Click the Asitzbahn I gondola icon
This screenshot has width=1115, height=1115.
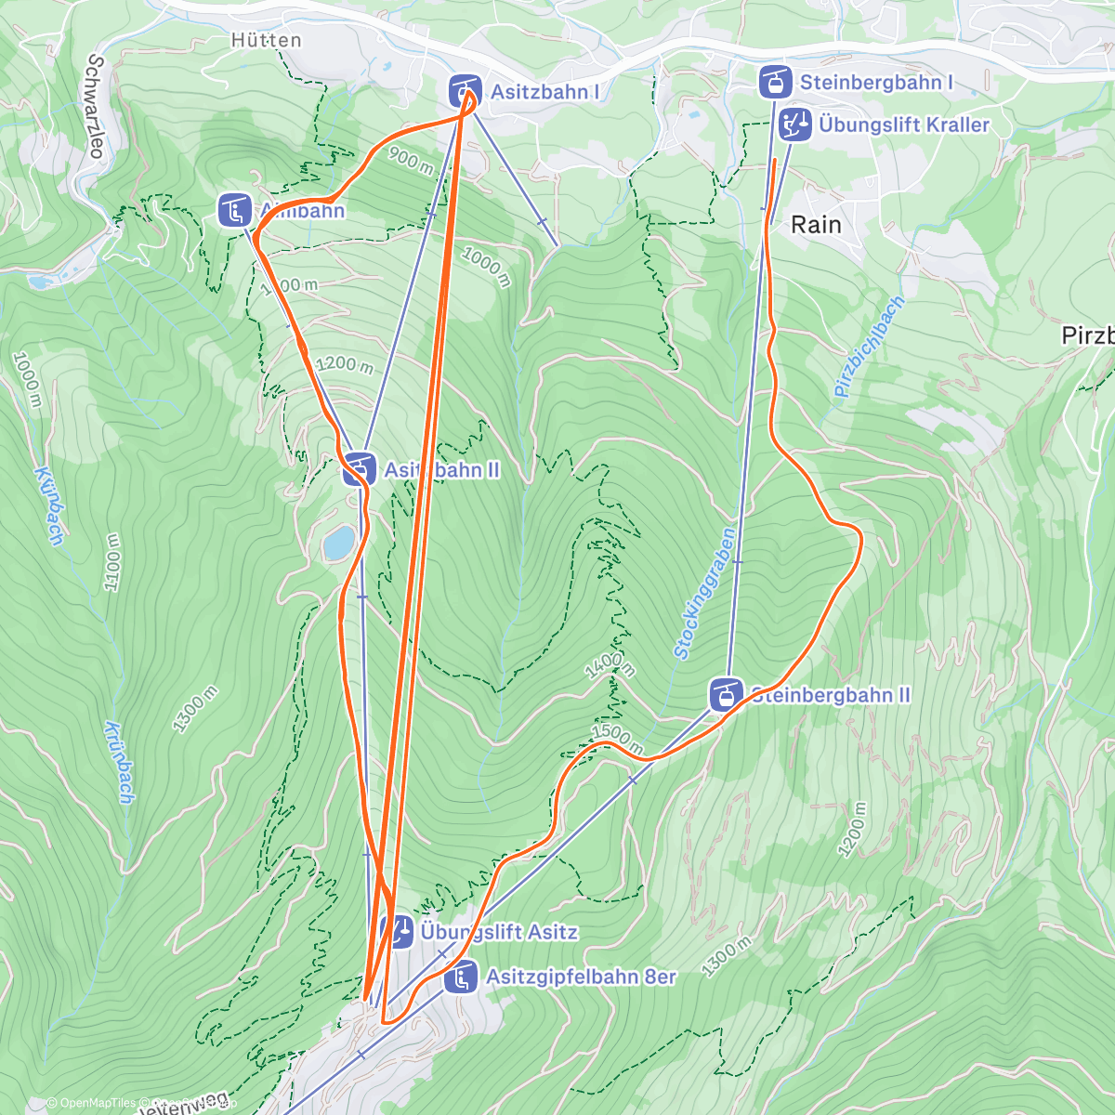(x=465, y=91)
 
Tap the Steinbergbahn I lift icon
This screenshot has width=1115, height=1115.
(x=775, y=82)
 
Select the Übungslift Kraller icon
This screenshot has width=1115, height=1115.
(x=794, y=124)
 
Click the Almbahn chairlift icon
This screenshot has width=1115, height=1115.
(x=234, y=210)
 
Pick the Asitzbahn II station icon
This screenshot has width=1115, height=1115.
(x=359, y=469)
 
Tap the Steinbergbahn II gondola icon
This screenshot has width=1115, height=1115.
(x=725, y=694)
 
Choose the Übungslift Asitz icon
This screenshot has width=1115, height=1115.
(x=397, y=931)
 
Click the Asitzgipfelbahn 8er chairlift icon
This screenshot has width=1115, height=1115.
(x=461, y=977)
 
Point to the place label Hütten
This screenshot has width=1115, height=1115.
(x=267, y=40)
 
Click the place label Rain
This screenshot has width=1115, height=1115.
(x=816, y=224)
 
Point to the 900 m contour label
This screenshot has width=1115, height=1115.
(x=410, y=160)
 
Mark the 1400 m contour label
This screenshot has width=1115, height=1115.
(x=610, y=666)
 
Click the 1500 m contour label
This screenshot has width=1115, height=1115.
(x=617, y=738)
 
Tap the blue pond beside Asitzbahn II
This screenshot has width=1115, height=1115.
(x=338, y=543)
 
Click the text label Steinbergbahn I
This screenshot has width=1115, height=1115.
(x=876, y=82)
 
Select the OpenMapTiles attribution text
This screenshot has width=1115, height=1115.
(x=91, y=1103)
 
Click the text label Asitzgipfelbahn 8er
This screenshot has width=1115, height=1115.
(x=581, y=977)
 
